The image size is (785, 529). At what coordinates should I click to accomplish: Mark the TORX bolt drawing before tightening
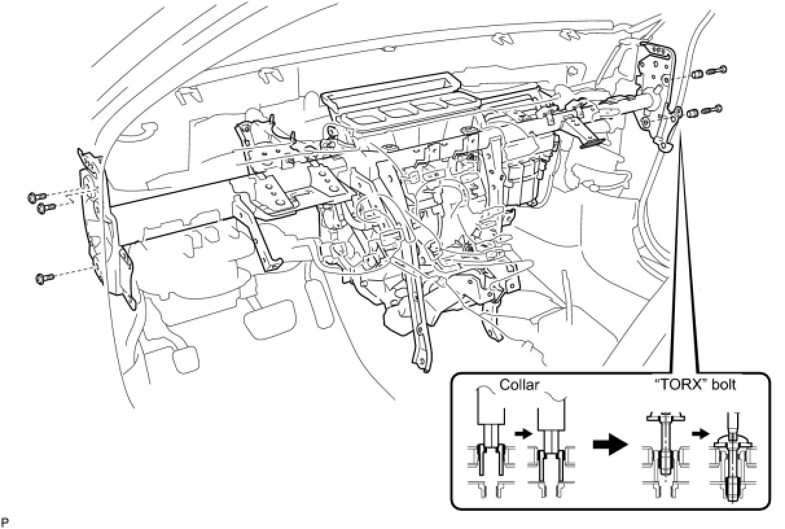point(663,454)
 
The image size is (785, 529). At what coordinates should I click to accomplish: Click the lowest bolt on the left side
point(43,278)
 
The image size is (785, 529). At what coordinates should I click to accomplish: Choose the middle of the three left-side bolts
point(45,207)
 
